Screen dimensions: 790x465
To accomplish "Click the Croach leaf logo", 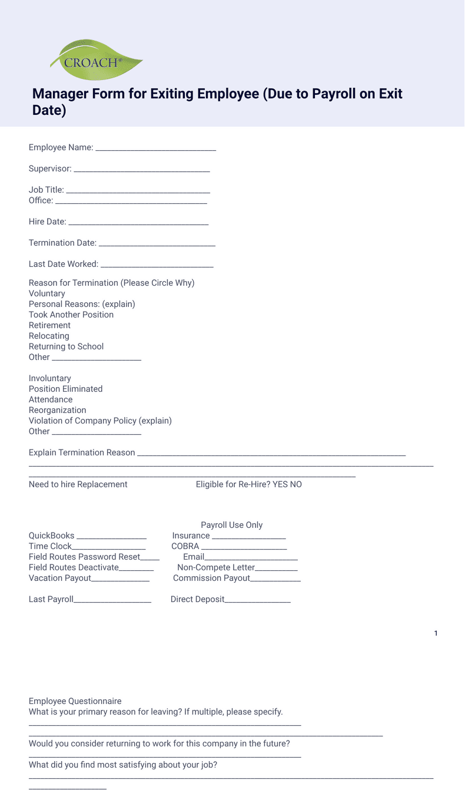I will [96, 61].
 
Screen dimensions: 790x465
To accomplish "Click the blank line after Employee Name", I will [155, 148].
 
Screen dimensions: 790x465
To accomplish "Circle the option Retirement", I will [49, 325].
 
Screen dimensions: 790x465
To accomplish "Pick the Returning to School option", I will [66, 346].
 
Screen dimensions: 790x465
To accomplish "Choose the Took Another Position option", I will [71, 315].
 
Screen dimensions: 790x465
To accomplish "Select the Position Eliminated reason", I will [65, 389].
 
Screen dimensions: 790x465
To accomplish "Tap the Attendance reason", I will [51, 399].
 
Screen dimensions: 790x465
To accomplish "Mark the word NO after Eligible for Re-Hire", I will [295, 484].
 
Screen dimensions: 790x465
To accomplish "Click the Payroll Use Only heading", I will [231, 525].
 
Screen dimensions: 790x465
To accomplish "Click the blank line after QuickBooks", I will [111, 537].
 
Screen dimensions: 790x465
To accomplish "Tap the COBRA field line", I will [244, 547].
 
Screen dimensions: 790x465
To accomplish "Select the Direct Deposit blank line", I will [257, 600].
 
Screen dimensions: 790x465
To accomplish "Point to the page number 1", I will [436, 633].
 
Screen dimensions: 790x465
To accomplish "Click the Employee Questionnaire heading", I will [75, 701].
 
